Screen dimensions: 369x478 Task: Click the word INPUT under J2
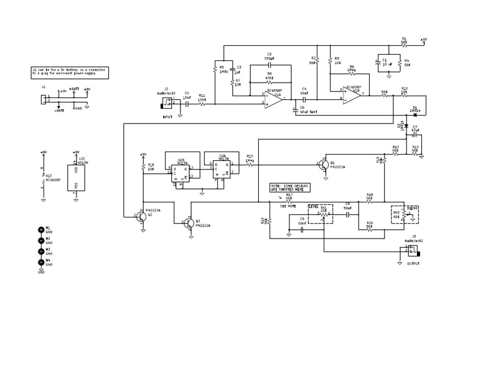click(167, 117)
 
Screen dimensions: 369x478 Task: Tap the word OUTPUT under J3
click(413, 263)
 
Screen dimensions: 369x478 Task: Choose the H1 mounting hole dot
click(42, 229)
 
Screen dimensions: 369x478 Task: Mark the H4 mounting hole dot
click(42, 262)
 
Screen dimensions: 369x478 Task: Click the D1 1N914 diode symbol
click(415, 114)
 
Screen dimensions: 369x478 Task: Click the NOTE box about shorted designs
click(290, 187)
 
